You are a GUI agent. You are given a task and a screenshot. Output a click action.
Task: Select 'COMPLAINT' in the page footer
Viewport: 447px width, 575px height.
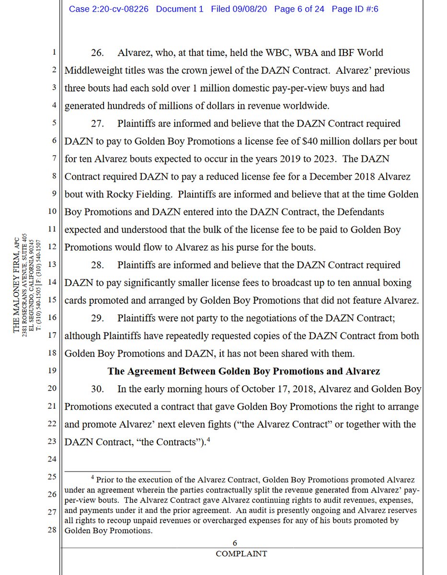pos(241,554)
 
